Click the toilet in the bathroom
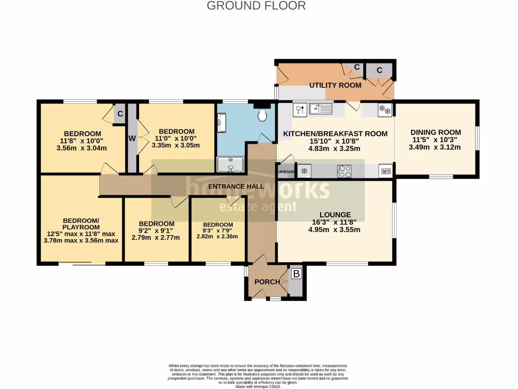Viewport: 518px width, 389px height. pyautogui.click(x=262, y=116)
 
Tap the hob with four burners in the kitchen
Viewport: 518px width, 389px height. pyautogui.click(x=344, y=171)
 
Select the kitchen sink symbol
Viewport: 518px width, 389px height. pyautogui.click(x=320, y=108)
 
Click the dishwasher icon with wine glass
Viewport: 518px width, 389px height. pyautogui.click(x=298, y=109)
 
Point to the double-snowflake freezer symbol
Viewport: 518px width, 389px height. pyautogui.click(x=385, y=109)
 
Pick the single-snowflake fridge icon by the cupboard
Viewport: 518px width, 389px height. pyautogui.click(x=304, y=171)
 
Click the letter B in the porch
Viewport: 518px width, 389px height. pyautogui.click(x=296, y=274)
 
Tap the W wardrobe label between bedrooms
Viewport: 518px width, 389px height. pyautogui.click(x=132, y=138)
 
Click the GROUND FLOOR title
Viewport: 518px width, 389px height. pyautogui.click(x=256, y=6)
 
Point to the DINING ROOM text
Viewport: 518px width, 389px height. pyautogui.click(x=435, y=132)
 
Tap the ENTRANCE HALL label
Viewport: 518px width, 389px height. pyautogui.click(x=236, y=186)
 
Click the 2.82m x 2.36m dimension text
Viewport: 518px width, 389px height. pyautogui.click(x=218, y=236)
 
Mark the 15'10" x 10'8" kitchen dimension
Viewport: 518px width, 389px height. pyautogui.click(x=334, y=141)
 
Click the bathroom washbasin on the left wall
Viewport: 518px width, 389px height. pyautogui.click(x=221, y=120)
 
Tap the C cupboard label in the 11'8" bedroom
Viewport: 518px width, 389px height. pyautogui.click(x=120, y=114)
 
